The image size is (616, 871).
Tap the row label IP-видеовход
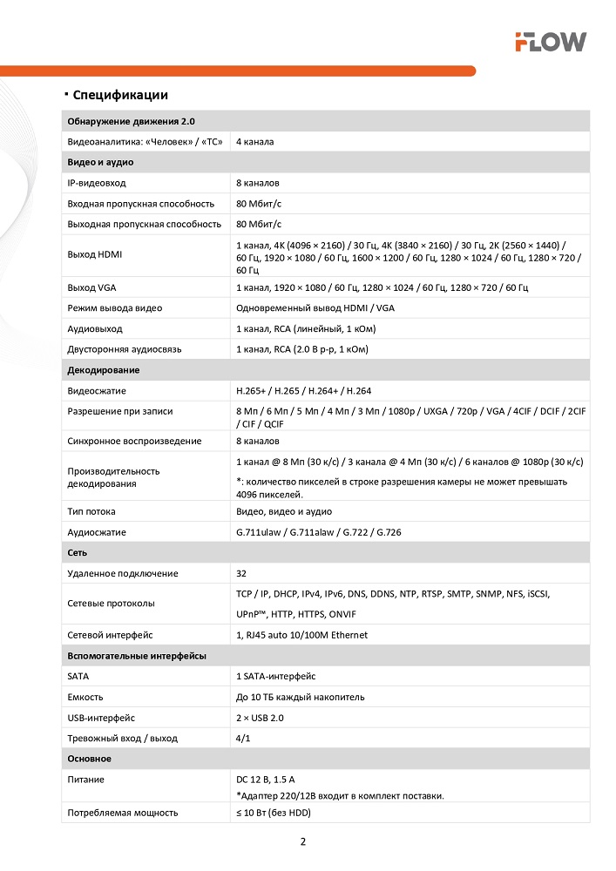[x=97, y=183]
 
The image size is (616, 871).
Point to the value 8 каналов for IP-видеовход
[x=258, y=183]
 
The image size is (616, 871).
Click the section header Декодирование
[x=104, y=370]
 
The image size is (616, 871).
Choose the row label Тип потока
[x=91, y=511]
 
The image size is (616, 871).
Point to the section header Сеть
[x=78, y=553]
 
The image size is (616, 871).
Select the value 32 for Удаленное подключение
[x=241, y=573]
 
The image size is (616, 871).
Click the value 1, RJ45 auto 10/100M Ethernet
[x=301, y=635]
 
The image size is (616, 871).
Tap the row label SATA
[x=78, y=676]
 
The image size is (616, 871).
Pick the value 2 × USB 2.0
[x=260, y=718]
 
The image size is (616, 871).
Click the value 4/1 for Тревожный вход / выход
[x=244, y=738]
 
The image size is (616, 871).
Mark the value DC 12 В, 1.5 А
[x=271, y=780]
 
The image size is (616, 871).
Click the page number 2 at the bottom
[x=302, y=841]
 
